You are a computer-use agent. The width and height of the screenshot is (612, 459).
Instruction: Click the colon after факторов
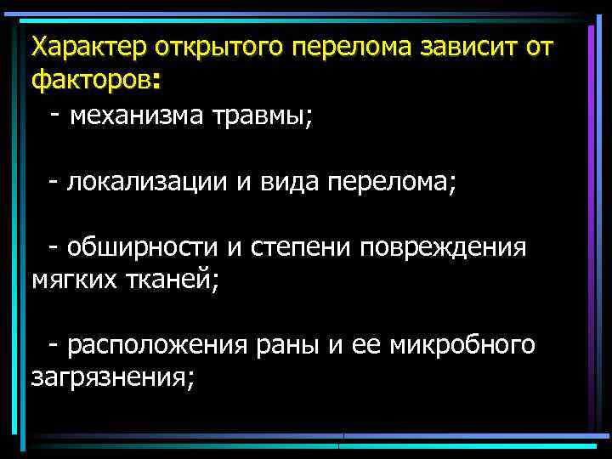[155, 82]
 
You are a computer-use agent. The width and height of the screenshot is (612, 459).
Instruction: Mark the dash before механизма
[55, 112]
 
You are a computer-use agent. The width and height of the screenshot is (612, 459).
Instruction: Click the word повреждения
[443, 248]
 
